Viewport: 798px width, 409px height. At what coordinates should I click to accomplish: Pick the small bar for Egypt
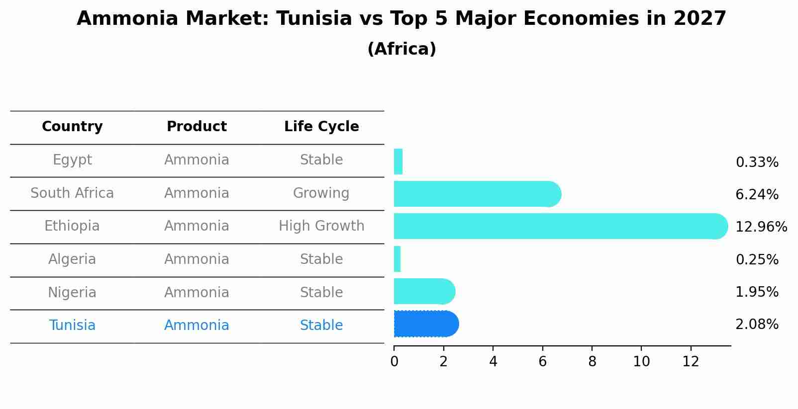(x=398, y=162)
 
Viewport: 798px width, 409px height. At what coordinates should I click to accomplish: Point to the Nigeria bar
(x=423, y=291)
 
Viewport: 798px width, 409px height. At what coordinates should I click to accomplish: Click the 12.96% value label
(x=761, y=227)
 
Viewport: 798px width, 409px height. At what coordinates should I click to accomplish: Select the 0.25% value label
(x=757, y=259)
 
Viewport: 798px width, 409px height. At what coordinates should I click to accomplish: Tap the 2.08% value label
(x=757, y=325)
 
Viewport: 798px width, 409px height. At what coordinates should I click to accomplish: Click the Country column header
(x=72, y=127)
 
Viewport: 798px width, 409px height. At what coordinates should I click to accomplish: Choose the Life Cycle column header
(x=321, y=127)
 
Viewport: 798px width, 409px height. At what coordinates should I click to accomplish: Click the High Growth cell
(x=321, y=226)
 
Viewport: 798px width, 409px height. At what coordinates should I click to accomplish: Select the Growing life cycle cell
(x=321, y=193)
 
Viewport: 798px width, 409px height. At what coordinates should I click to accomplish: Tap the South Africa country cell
(x=72, y=193)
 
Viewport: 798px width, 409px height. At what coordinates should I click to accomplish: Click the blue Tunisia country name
(x=72, y=326)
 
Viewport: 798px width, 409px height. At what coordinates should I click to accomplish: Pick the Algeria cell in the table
(x=72, y=259)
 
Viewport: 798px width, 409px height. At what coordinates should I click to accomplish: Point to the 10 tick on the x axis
(x=641, y=362)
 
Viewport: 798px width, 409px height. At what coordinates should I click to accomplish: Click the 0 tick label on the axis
(x=394, y=362)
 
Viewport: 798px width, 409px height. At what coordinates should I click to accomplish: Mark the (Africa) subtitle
(x=401, y=49)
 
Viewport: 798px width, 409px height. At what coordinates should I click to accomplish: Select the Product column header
(x=197, y=127)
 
